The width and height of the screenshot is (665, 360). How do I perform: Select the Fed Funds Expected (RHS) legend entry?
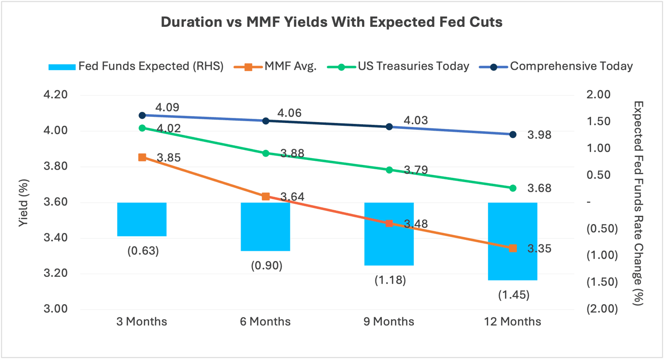tap(136, 66)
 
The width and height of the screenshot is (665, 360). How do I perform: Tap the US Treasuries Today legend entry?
tap(398, 66)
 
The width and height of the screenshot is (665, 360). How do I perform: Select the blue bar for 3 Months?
tap(142, 219)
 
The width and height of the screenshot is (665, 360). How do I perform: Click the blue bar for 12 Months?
tap(513, 241)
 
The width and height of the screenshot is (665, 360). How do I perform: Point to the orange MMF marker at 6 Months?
tap(266, 196)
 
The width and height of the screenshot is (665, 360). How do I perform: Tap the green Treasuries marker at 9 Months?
tap(389, 170)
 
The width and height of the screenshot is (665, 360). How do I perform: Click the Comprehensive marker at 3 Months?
tap(142, 115)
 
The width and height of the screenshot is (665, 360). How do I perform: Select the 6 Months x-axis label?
tap(266, 322)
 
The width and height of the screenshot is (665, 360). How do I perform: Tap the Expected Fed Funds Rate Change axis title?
tap(639, 202)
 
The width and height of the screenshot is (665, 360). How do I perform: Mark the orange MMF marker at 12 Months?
tap(513, 248)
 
